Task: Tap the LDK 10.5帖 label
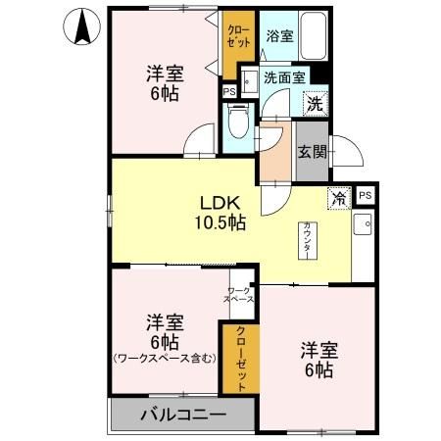point(222,213)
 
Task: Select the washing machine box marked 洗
point(314,102)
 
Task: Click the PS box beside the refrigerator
point(365,196)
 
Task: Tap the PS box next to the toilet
point(229,92)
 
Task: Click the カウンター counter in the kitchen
point(308,239)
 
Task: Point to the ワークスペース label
point(240,294)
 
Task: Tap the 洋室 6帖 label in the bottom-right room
point(318,360)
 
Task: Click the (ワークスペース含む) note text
point(164,358)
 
